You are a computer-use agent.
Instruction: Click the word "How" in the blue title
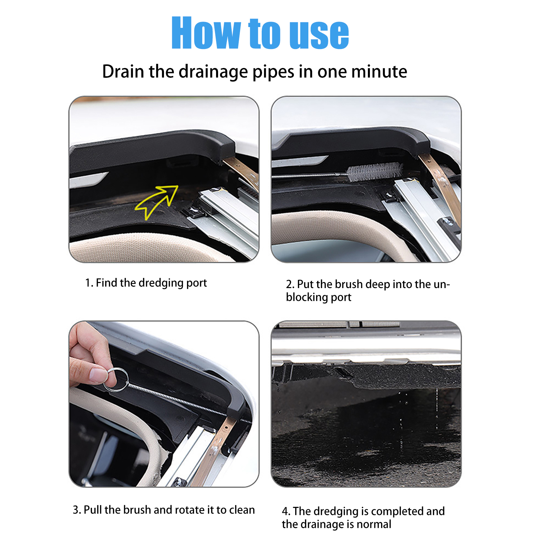pyautogui.click(x=206, y=33)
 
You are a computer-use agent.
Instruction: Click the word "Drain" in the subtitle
pyautogui.click(x=123, y=71)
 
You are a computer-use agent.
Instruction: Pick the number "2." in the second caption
pyautogui.click(x=290, y=284)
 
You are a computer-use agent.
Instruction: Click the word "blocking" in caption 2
pyautogui.click(x=307, y=298)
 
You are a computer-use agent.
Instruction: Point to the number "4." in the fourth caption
pyautogui.click(x=286, y=511)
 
